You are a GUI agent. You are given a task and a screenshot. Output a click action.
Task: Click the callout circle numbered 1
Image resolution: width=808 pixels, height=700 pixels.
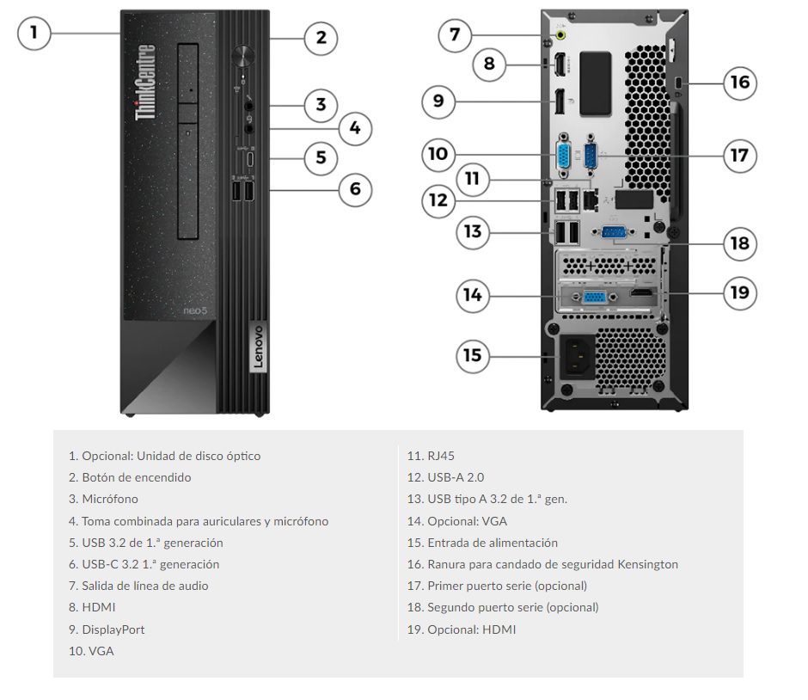(x=34, y=34)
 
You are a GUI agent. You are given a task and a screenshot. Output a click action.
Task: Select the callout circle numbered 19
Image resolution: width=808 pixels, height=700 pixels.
(x=739, y=292)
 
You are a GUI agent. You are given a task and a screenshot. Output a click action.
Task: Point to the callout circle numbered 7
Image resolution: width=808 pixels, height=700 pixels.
(x=455, y=35)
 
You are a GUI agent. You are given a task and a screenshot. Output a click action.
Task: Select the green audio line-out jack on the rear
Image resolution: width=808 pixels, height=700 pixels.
(x=561, y=35)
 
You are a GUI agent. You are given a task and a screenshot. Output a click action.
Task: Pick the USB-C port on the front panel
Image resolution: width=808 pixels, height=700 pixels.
(x=250, y=158)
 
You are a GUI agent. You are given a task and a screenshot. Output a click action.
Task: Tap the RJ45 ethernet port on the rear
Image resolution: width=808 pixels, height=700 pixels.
(x=591, y=197)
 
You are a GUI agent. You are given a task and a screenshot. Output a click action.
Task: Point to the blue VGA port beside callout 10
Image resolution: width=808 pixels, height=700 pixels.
(x=561, y=157)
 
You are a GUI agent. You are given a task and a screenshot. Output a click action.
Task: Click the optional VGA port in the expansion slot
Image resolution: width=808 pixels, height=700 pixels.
(x=594, y=296)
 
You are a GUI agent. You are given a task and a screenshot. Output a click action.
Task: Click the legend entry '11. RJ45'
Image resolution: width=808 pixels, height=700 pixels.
(x=431, y=456)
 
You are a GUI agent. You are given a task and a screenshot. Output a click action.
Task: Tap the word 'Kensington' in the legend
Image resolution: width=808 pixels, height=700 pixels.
(x=646, y=564)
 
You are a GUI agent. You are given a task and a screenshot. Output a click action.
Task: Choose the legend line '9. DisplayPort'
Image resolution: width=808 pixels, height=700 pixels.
(x=107, y=629)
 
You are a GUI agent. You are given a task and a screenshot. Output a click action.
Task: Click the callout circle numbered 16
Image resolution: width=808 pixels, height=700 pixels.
(x=739, y=83)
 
